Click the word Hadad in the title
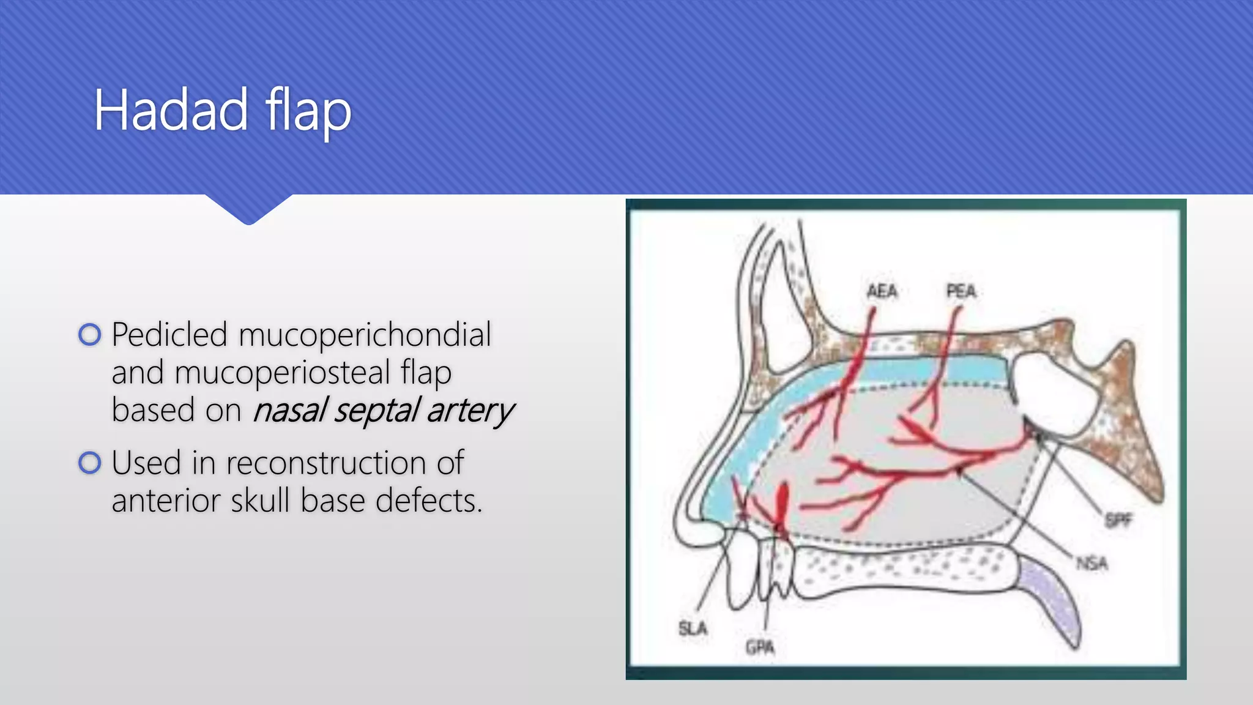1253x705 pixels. tap(171, 111)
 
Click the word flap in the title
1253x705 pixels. tap(308, 111)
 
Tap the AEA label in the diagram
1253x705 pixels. tap(882, 291)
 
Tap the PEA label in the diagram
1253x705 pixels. tap(961, 291)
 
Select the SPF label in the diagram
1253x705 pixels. tap(1118, 521)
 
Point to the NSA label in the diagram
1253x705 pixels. tap(1092, 563)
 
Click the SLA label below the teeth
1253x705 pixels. tap(693, 629)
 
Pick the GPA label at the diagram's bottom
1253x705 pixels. tap(760, 647)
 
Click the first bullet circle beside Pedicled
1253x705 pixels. tap(90, 335)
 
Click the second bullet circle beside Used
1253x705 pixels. tap(90, 463)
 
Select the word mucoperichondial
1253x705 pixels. tap(365, 335)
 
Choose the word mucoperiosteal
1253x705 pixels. tap(282, 373)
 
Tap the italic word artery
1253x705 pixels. tap(470, 411)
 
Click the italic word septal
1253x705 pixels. tap(376, 411)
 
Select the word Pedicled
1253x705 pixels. tap(169, 335)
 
